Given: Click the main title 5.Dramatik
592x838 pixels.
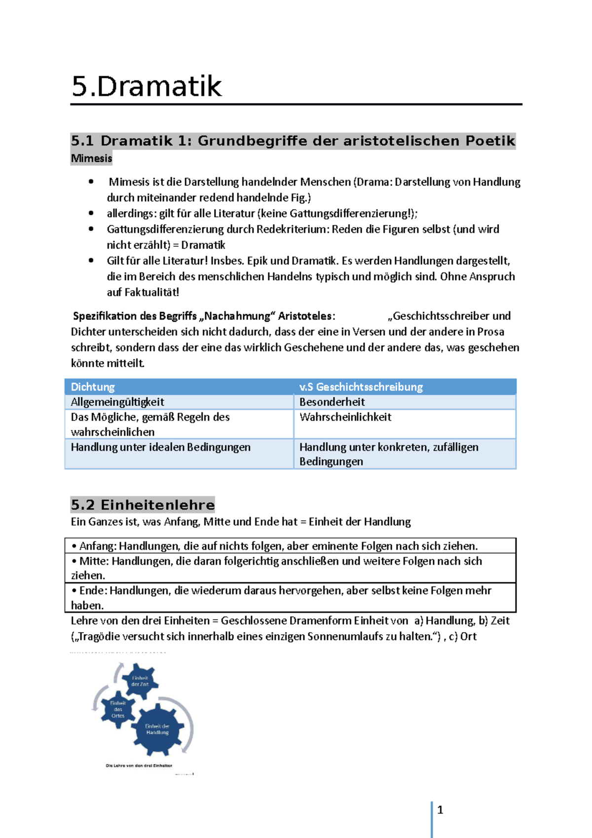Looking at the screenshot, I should pyautogui.click(x=147, y=86).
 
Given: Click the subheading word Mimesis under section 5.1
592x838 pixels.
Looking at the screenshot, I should pyautogui.click(x=91, y=158).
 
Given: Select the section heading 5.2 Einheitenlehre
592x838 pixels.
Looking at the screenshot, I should pyautogui.click(x=143, y=505).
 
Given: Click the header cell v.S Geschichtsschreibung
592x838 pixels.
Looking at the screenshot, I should pyautogui.click(x=361, y=387).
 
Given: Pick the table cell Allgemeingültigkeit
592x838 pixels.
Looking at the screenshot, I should pyautogui.click(x=117, y=402).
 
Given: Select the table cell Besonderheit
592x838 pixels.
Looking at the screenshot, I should pyautogui.click(x=332, y=402).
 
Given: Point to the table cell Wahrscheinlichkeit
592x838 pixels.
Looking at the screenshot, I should pyautogui.click(x=345, y=417).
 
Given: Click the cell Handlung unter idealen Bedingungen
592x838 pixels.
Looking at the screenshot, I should pyautogui.click(x=160, y=447).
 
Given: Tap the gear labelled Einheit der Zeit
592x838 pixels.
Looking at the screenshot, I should pyautogui.click(x=140, y=682).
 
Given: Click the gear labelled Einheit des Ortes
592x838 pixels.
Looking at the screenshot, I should pyautogui.click(x=118, y=709).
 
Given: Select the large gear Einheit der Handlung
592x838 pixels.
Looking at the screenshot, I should pyautogui.click(x=157, y=729).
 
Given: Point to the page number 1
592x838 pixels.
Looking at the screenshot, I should pyautogui.click(x=440, y=810).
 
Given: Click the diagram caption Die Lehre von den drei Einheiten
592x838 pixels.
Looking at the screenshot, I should pyautogui.click(x=139, y=765).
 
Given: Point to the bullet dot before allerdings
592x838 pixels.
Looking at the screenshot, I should pyautogui.click(x=91, y=213).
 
